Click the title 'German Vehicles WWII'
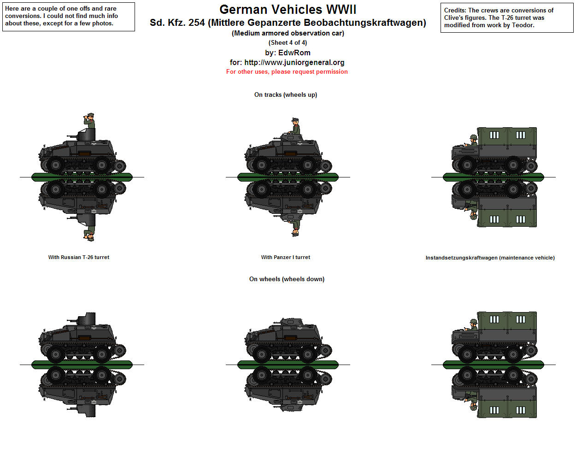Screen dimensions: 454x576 coord(288,10)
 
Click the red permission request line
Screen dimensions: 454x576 coord(287,72)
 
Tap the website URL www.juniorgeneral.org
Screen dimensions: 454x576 coord(294,63)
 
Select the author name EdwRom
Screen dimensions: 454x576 coord(294,53)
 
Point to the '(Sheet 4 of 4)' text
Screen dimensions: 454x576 coord(288,43)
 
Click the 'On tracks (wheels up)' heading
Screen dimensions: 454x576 coord(286,95)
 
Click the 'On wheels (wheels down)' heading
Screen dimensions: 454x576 coord(287,279)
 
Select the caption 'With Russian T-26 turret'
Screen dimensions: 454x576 coord(79,258)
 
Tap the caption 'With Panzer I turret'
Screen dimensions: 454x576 coord(286,258)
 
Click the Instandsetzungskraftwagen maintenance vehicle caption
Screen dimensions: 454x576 coord(490,258)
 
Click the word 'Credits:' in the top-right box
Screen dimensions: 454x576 coord(455,11)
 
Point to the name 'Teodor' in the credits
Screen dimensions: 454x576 coord(523,25)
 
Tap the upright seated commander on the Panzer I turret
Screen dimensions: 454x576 coord(295,126)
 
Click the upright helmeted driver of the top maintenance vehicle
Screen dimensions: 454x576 coord(473,140)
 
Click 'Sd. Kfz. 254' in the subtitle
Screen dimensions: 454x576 coord(177,23)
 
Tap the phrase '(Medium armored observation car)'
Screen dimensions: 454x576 coord(288,33)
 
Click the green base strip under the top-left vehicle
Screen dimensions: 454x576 coord(82,177)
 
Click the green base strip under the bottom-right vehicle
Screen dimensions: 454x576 coord(494,365)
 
